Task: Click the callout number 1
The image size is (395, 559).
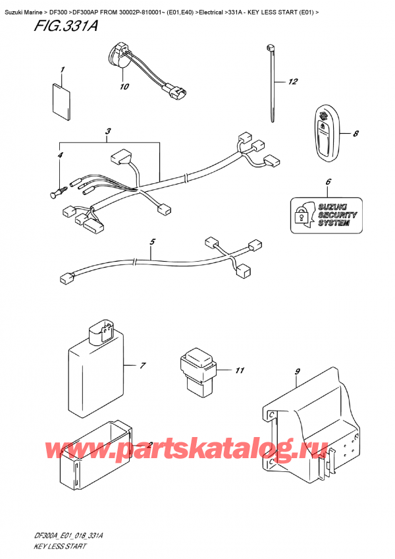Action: pos(63,70)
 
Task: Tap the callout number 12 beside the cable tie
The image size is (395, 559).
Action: pos(293,82)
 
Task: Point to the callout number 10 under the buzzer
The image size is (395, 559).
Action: pos(123,86)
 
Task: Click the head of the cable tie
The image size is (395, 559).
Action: pos(270,48)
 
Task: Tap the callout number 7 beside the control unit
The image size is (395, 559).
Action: pos(141,365)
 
